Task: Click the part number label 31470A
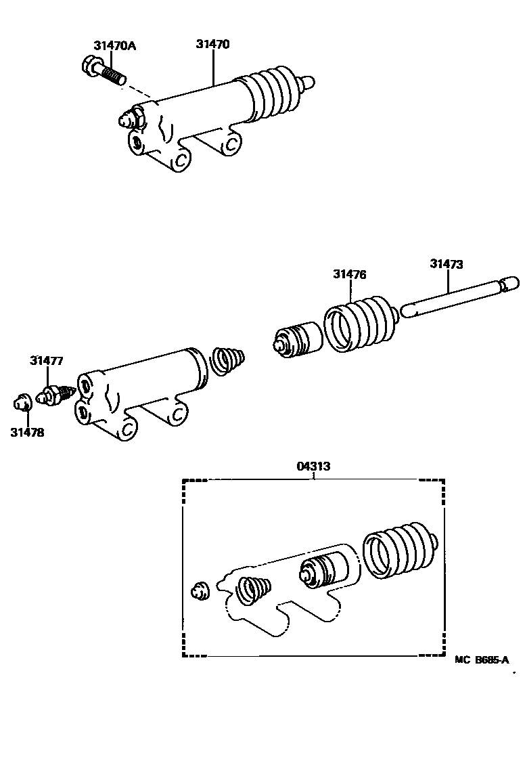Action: coord(114,45)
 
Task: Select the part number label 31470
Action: coord(213,45)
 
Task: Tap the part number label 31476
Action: coord(349,274)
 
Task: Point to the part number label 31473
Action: coord(446,264)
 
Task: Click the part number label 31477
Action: coord(46,361)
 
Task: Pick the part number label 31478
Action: coord(27,432)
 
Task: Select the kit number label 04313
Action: coord(313,466)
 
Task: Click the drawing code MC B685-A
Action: coord(482,658)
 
